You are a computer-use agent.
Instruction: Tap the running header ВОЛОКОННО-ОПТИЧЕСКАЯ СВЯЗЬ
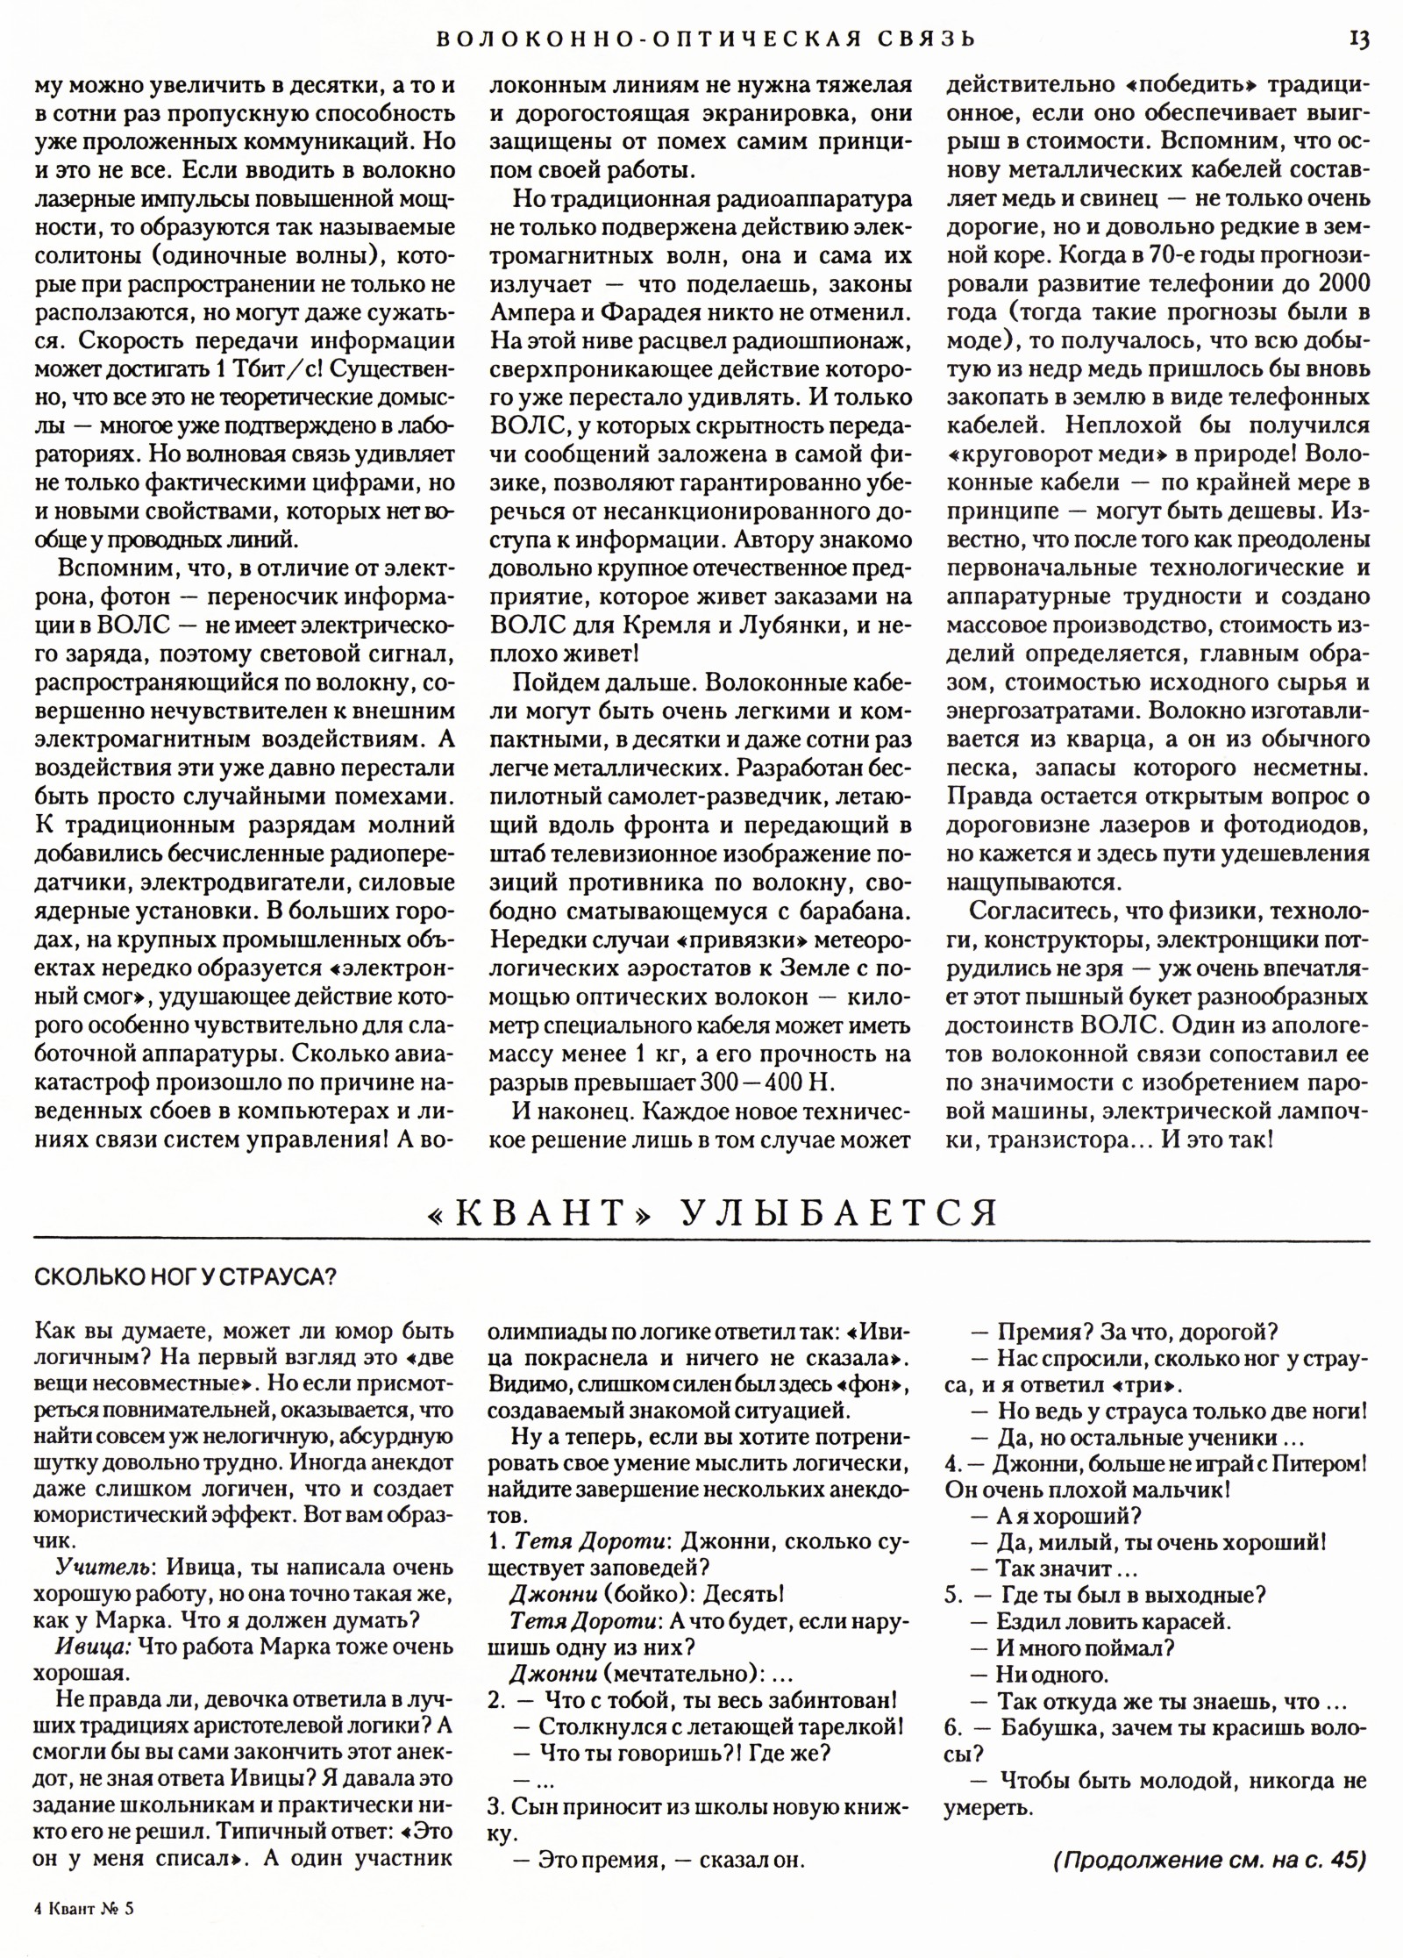[x=706, y=39]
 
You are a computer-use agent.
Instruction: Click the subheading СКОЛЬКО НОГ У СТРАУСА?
[x=185, y=1277]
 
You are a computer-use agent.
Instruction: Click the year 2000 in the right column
[x=1343, y=284]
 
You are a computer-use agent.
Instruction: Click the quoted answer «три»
[x=1143, y=1386]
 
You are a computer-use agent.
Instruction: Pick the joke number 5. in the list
[x=955, y=1595]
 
